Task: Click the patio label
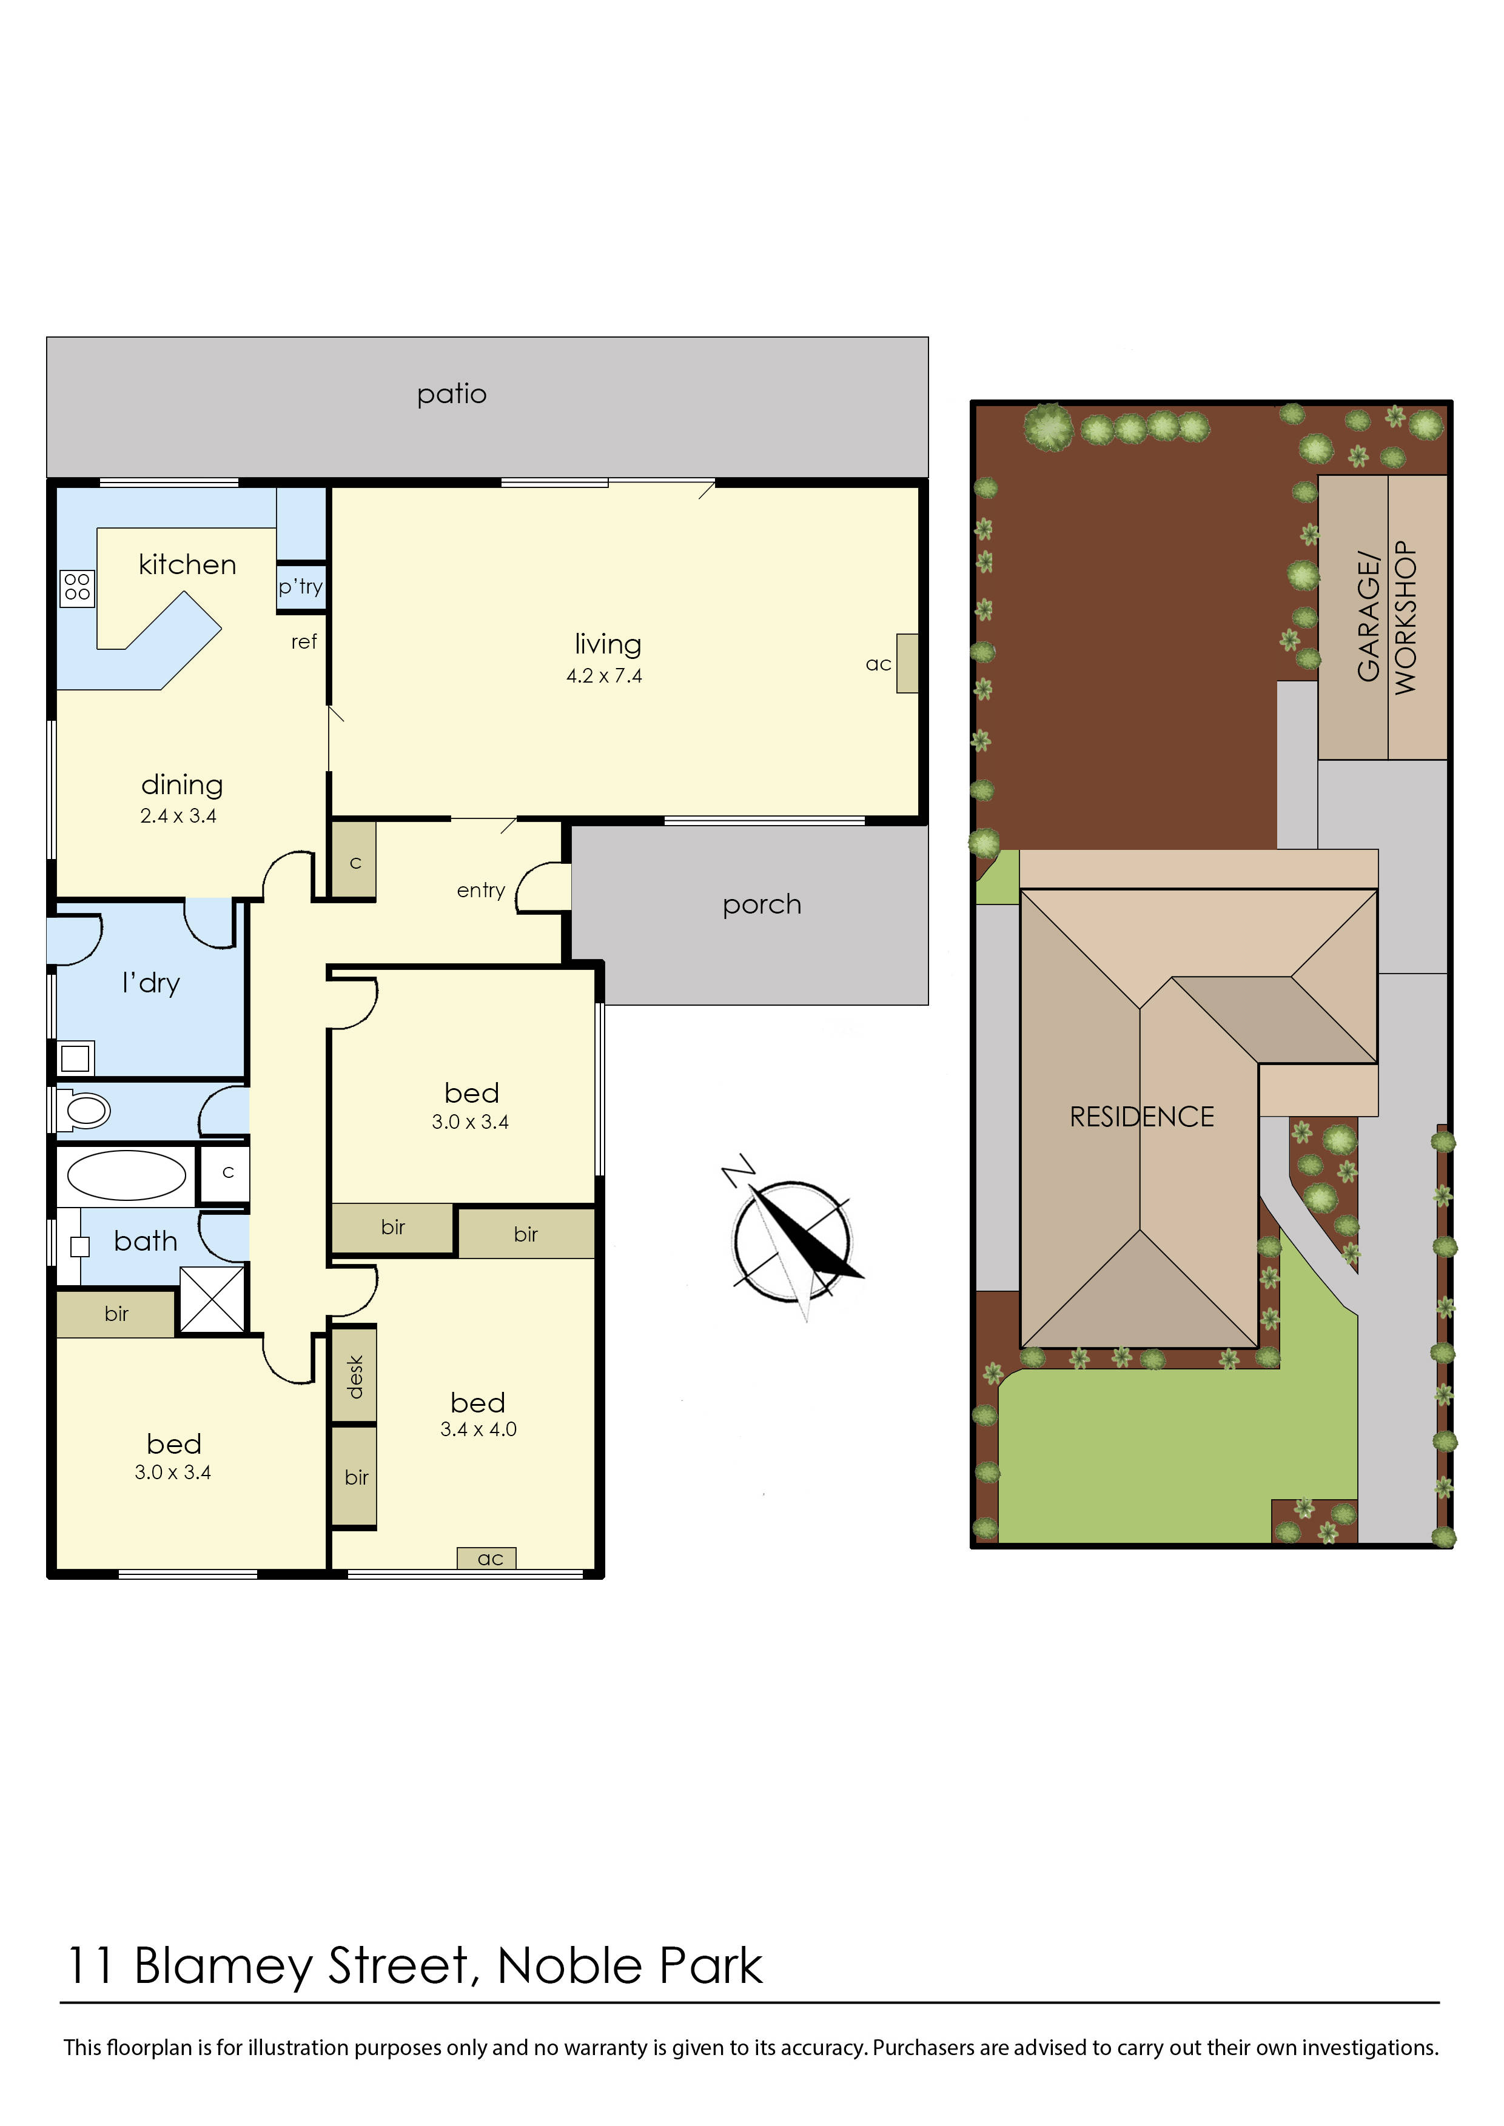[x=451, y=395]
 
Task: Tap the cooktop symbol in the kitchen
[x=77, y=587]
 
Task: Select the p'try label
[x=300, y=587]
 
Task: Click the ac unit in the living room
[x=907, y=663]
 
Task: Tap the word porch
[x=761, y=904]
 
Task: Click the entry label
[x=481, y=891]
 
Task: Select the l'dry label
[x=151, y=983]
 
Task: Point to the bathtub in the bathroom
[x=126, y=1176]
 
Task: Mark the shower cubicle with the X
[x=212, y=1300]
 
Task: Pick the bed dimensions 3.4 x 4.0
[x=478, y=1429]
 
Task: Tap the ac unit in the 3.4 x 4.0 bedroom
[x=487, y=1559]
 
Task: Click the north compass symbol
[x=792, y=1241]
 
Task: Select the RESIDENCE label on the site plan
[x=1141, y=1118]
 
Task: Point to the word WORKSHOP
[x=1405, y=618]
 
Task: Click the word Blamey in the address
[x=223, y=1966]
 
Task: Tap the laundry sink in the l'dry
[x=75, y=1057]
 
